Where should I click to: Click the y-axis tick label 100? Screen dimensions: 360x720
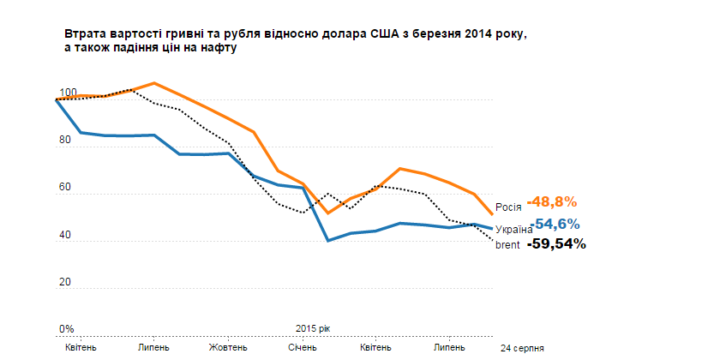67,93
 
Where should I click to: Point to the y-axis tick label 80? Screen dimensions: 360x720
64,141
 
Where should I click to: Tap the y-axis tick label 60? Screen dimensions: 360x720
64,189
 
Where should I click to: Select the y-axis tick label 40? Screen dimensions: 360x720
64,236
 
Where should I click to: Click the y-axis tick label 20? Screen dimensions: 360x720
64,283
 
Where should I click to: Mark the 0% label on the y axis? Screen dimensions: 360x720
66,329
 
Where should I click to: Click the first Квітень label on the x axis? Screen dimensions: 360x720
81,347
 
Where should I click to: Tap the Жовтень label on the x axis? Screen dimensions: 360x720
228,347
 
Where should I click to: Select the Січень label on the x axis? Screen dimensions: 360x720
302,347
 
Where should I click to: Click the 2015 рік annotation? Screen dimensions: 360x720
312,329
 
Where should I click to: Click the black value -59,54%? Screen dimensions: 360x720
556,243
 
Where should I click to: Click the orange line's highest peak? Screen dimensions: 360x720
153,83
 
